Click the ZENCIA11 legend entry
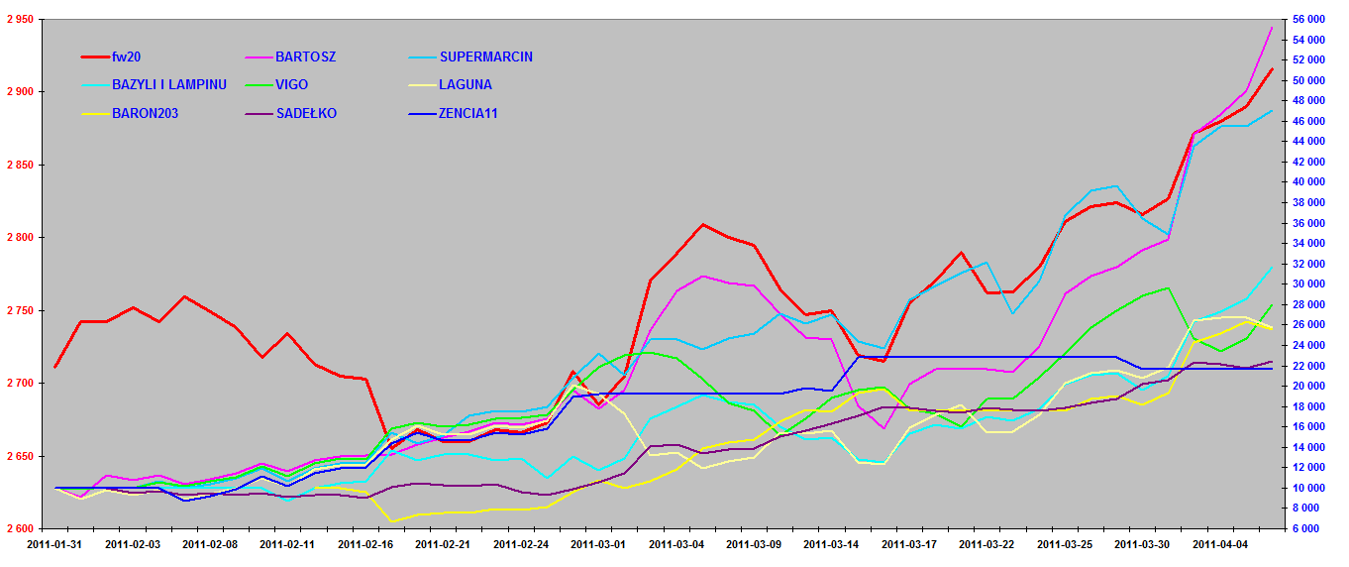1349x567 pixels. click(468, 113)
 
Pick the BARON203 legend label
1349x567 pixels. click(145, 113)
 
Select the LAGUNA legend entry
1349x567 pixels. click(466, 85)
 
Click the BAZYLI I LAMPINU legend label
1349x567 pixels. click(169, 85)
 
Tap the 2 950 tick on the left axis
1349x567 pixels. click(17, 20)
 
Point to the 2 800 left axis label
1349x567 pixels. click(17, 238)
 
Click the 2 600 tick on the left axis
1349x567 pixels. click(17, 529)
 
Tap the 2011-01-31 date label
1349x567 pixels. click(54, 544)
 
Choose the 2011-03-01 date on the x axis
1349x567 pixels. click(597, 544)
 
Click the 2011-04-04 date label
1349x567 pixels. click(1219, 544)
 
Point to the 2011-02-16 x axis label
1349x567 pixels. click(364, 544)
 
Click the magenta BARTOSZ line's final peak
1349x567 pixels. click(1272, 28)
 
